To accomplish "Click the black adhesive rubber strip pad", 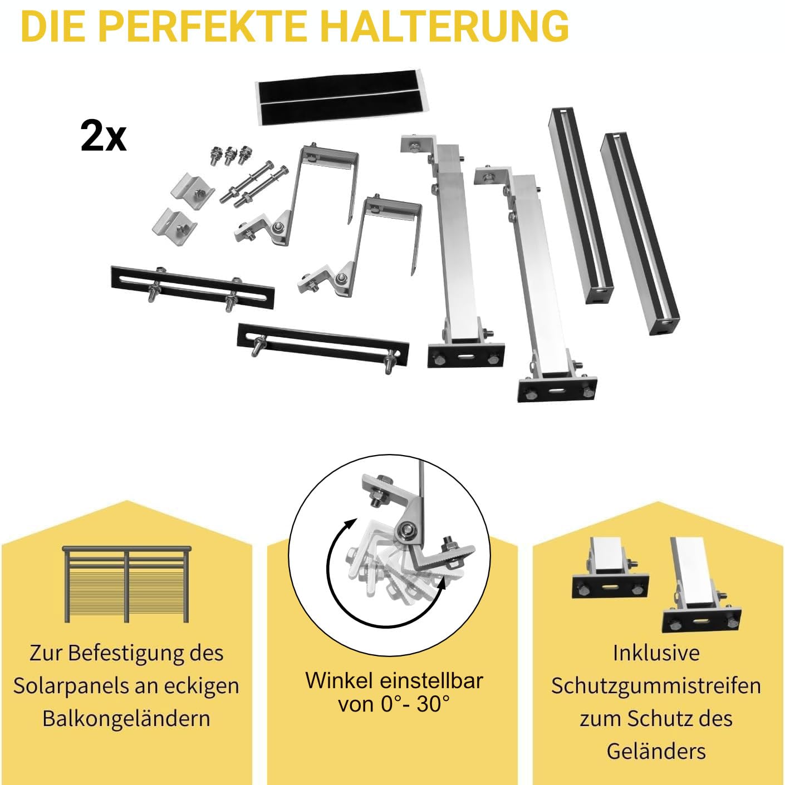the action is click(x=342, y=97).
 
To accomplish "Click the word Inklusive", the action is click(x=656, y=653).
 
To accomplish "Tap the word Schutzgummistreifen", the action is click(x=656, y=685).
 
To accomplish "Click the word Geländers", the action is click(x=656, y=751).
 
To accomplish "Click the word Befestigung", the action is click(x=125, y=653).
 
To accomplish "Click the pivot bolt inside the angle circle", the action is click(x=406, y=530).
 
